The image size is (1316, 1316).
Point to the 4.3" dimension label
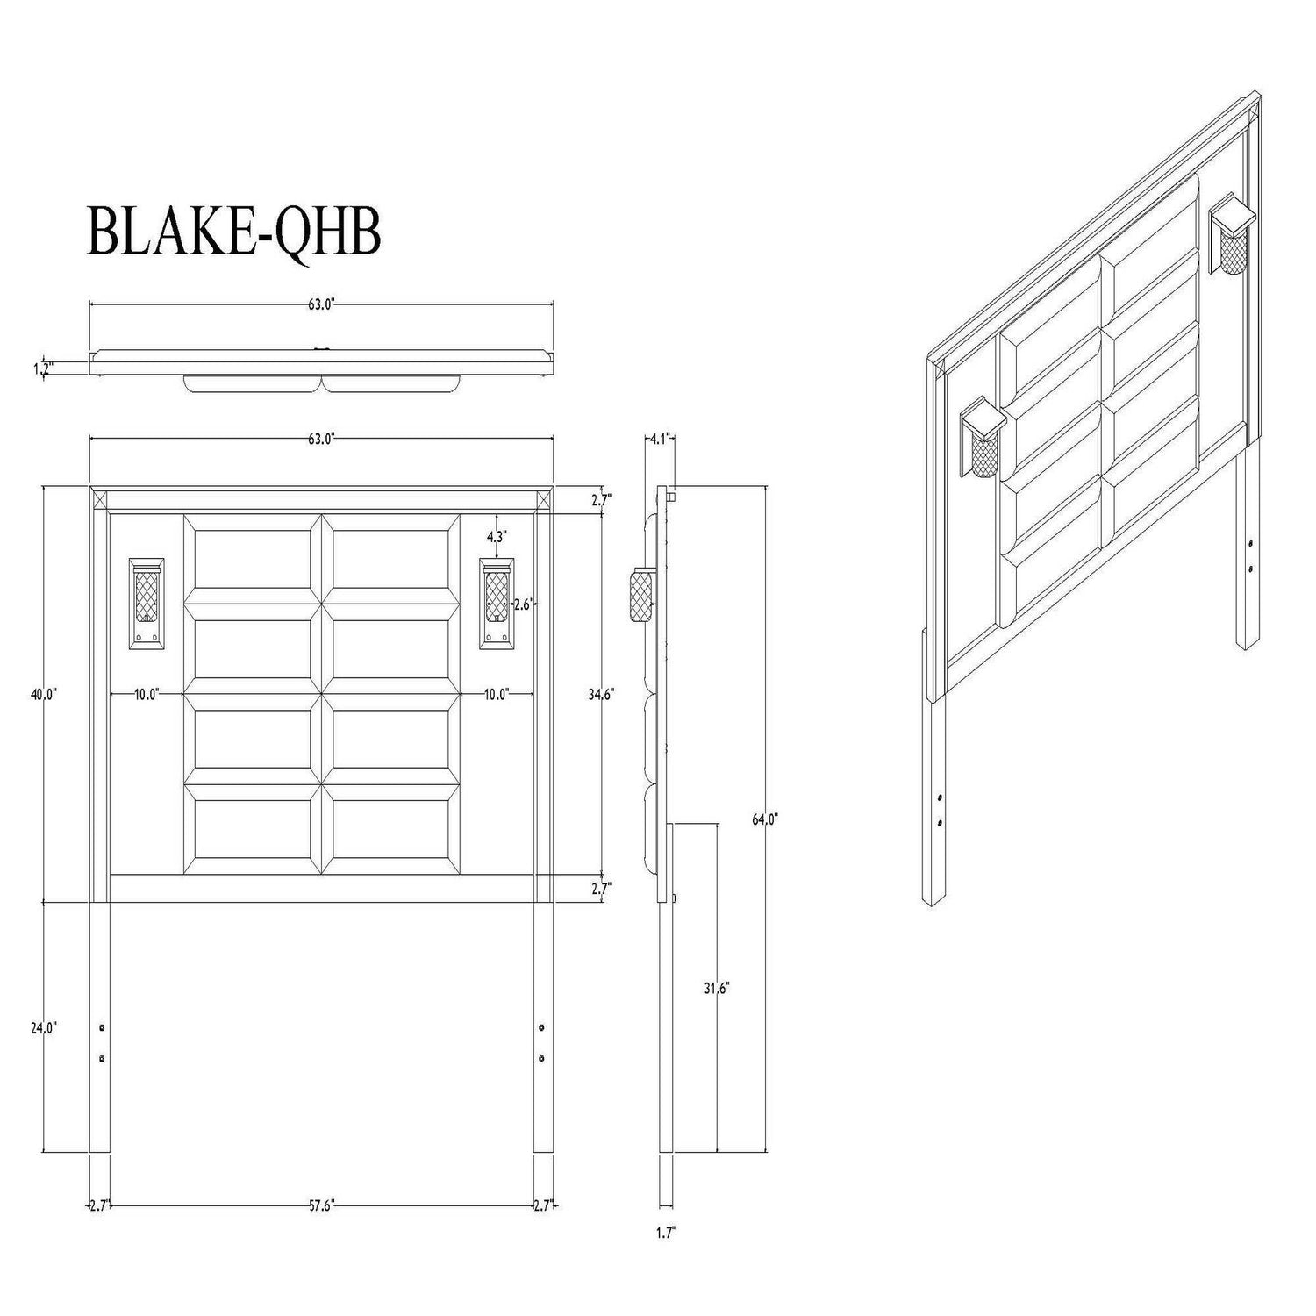(497, 535)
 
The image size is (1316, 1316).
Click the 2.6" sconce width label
(524, 604)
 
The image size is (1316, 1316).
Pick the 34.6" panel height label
(601, 694)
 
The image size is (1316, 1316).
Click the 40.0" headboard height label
(43, 694)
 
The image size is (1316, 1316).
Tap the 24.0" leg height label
(43, 1027)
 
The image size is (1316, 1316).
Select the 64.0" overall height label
(765, 820)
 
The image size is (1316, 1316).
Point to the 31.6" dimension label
(717, 987)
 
